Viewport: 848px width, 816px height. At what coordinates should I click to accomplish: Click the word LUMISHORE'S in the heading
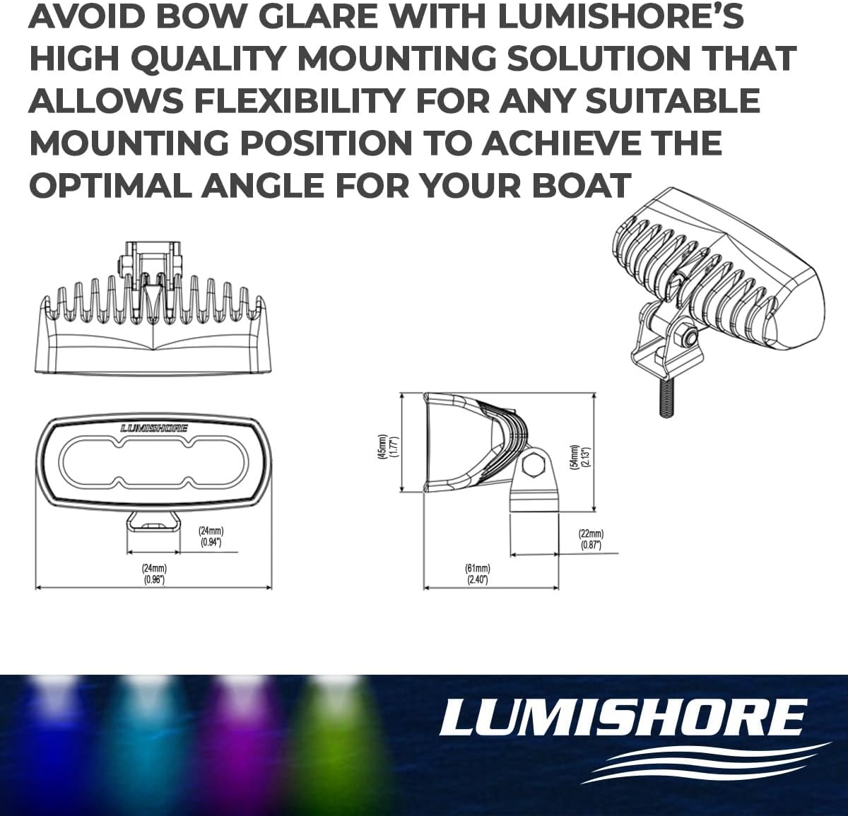click(x=620, y=17)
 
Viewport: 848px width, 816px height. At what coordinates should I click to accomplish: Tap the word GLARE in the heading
click(x=318, y=17)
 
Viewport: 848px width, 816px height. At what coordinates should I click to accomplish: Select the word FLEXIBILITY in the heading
click(x=300, y=100)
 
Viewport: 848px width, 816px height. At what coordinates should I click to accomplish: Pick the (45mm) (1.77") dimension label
click(x=388, y=447)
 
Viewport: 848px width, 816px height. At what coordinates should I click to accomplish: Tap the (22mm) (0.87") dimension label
click(x=591, y=539)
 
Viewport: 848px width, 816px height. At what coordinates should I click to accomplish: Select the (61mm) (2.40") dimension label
click(x=478, y=574)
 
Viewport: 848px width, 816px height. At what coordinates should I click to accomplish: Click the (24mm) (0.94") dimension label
click(x=211, y=537)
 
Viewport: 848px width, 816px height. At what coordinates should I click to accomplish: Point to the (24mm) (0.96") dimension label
click(x=154, y=574)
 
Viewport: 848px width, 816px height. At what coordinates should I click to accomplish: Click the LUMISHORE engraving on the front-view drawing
click(x=154, y=428)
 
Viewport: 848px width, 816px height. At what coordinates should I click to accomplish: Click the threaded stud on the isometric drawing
click(x=666, y=397)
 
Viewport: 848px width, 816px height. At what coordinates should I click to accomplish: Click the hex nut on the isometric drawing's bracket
click(x=687, y=337)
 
